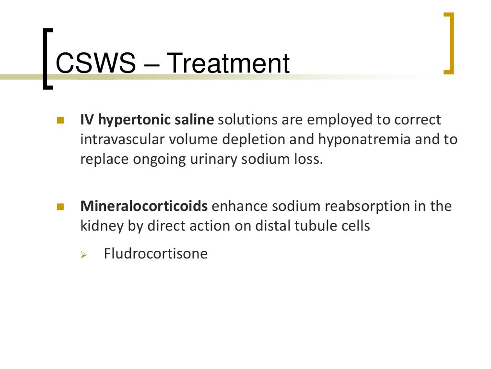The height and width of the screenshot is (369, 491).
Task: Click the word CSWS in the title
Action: click(95, 64)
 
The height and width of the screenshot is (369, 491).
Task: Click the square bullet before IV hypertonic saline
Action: click(60, 120)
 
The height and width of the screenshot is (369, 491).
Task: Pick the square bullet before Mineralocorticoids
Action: click(60, 207)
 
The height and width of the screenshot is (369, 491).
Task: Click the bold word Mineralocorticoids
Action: click(144, 207)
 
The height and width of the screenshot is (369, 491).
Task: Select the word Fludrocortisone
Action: click(156, 254)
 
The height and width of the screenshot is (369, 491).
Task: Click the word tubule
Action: click(317, 226)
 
